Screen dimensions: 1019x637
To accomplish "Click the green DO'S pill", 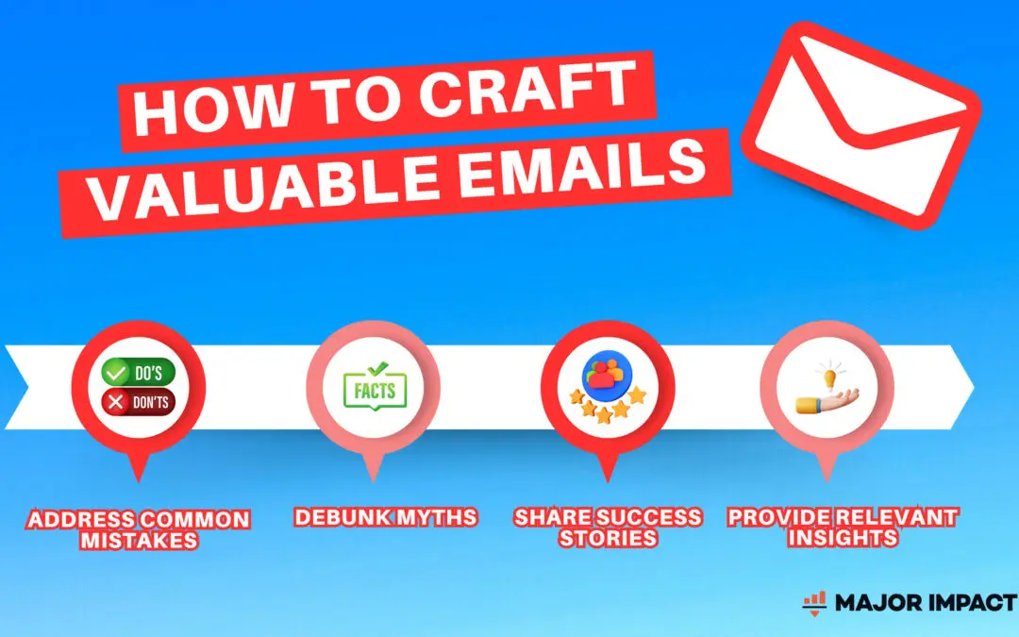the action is click(x=139, y=373).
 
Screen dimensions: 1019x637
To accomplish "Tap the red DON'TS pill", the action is click(x=139, y=402).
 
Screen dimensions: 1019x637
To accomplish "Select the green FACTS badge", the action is click(x=375, y=391).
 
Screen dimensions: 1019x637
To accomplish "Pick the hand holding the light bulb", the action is click(x=827, y=401).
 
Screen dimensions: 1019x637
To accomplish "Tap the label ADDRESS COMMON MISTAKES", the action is click(x=139, y=529).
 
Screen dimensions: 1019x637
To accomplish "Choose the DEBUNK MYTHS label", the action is click(x=385, y=517).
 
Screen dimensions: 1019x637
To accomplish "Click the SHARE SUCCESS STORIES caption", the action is click(x=608, y=528).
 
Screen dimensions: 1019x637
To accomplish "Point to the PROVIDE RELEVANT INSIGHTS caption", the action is click(x=843, y=528).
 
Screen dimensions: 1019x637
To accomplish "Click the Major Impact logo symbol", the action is click(x=814, y=602).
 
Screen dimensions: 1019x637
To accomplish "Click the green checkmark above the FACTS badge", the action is click(x=376, y=368).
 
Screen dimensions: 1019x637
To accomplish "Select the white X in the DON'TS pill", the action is click(x=116, y=403).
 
